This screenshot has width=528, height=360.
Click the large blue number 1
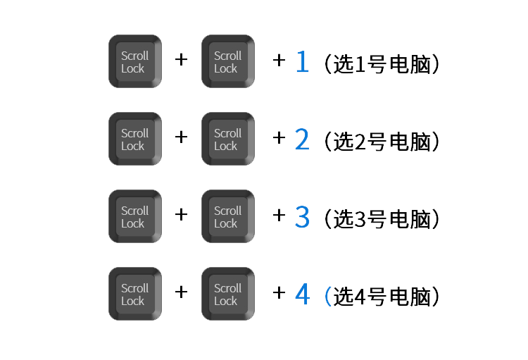click(x=302, y=63)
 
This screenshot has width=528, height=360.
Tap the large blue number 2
click(x=302, y=140)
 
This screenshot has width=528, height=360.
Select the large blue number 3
click(x=302, y=218)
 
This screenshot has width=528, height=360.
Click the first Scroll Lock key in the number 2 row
click(x=134, y=139)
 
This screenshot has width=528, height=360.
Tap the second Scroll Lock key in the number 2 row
click(x=227, y=139)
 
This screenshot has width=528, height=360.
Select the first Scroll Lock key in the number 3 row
click(x=134, y=216)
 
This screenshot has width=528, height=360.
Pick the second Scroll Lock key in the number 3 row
click(x=227, y=216)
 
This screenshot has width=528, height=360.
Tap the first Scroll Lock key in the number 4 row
click(x=134, y=294)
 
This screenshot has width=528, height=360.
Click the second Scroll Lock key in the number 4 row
click(x=227, y=294)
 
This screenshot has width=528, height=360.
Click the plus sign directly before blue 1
click(x=279, y=61)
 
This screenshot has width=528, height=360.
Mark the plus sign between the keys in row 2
click(x=181, y=137)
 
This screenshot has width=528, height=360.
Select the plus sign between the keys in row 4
click(x=181, y=292)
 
